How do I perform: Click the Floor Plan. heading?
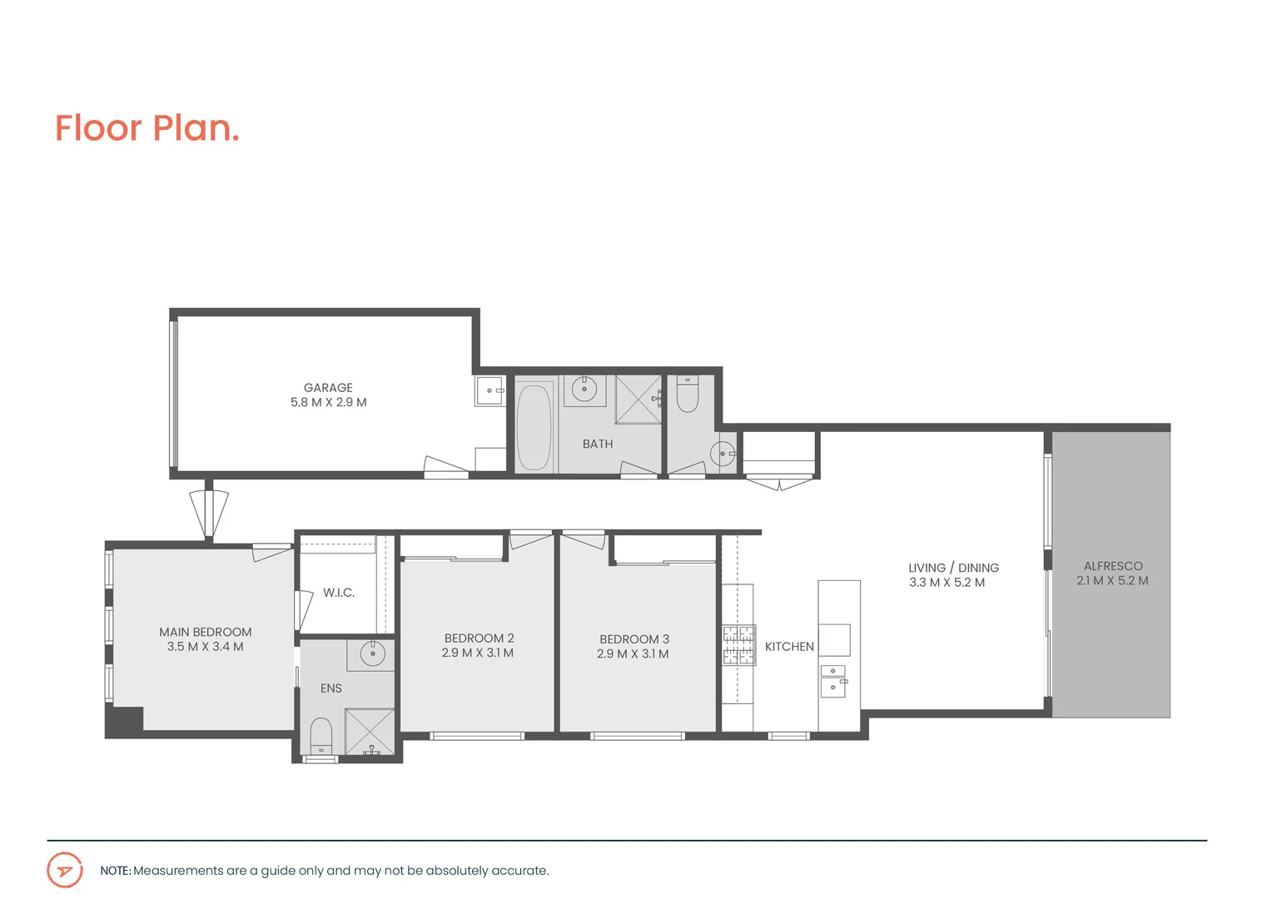147,128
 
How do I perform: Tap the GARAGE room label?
328,388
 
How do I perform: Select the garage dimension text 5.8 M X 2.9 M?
328,402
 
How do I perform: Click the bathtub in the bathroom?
534,426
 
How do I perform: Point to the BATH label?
597,445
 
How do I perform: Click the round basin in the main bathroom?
584,389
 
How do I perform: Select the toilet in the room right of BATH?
687,394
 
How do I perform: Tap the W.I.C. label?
339,593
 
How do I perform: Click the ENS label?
331,688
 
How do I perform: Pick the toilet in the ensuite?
320,736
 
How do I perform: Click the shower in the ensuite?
370,732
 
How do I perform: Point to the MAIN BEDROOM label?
206,633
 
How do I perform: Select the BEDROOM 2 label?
479,638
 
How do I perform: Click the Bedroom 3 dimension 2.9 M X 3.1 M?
633,654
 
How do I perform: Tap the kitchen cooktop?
738,645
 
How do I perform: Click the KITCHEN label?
789,647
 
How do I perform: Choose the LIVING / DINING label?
953,568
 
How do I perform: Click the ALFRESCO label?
1113,566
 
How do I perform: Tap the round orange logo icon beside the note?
65,871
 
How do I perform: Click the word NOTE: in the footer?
116,871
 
